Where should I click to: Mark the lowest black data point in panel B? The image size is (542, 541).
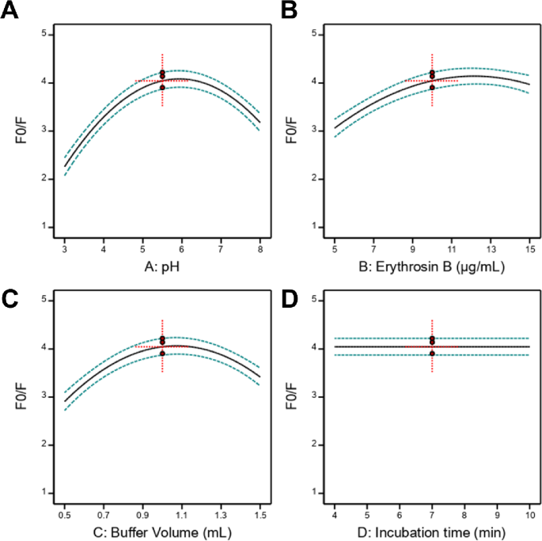pos(432,87)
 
